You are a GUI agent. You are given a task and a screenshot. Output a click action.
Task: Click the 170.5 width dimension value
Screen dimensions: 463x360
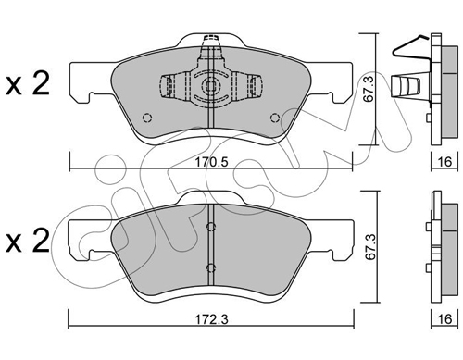(211, 162)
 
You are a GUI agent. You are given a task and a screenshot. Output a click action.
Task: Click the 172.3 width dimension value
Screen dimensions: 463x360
(211, 319)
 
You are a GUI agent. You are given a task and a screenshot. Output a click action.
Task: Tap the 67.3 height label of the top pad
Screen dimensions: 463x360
(369, 89)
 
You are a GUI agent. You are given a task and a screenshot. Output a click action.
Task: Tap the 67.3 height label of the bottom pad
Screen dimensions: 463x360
(370, 246)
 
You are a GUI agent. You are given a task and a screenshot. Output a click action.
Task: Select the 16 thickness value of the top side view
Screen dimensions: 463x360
(444, 161)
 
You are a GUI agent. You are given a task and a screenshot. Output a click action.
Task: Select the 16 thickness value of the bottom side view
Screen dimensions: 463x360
(444, 319)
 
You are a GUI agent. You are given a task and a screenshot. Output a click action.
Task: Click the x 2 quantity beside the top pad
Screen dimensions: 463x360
(28, 83)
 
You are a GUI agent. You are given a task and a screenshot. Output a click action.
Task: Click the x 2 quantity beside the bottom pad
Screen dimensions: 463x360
(28, 241)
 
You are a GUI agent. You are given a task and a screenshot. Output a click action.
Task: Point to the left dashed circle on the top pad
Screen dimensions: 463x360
(147, 118)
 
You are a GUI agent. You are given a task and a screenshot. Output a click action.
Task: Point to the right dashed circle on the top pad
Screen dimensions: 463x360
(275, 118)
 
